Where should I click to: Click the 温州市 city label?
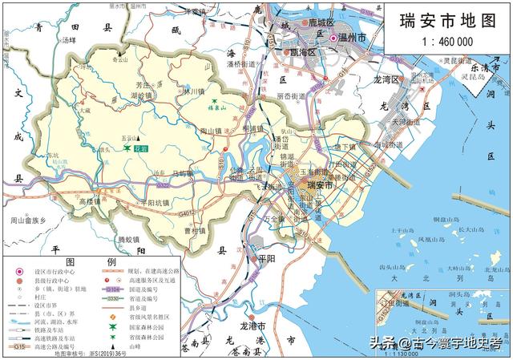(x=353, y=38)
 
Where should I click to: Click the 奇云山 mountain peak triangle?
(x=119, y=53)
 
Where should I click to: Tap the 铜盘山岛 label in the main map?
(x=446, y=218)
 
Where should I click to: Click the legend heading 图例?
(x=90, y=262)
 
